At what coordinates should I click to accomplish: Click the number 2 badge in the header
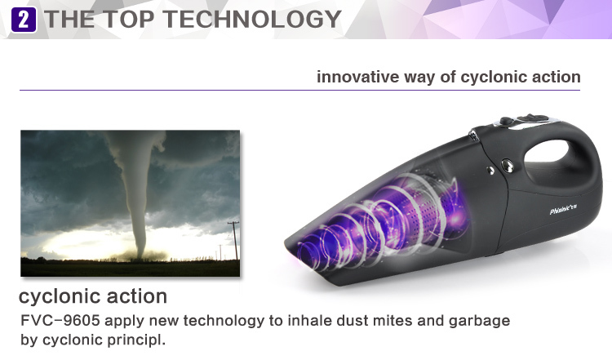point(24,20)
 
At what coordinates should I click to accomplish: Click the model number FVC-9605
point(60,321)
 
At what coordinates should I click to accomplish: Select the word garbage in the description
point(479,322)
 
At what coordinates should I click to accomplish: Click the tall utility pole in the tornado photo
point(234,240)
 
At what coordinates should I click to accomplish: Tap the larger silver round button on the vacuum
point(507,166)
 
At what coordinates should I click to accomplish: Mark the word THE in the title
point(69,19)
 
